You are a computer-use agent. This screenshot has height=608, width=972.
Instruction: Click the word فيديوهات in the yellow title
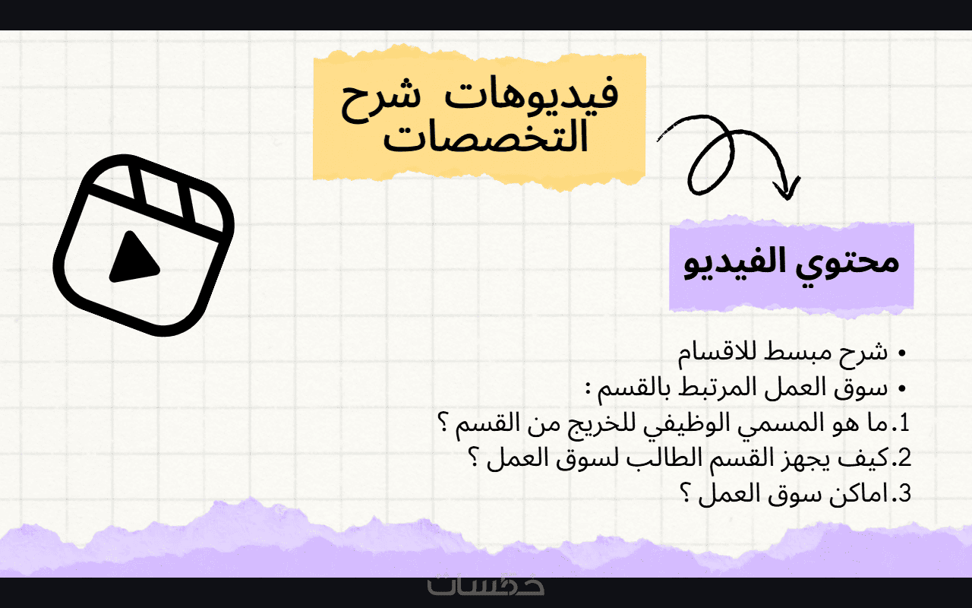point(531,96)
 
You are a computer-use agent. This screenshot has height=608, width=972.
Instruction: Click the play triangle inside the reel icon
point(133,257)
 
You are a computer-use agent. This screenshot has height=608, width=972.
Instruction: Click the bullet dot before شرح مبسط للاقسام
point(902,353)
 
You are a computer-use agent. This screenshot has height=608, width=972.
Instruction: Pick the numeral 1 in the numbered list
point(904,423)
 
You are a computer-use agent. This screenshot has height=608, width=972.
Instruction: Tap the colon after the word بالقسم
point(589,388)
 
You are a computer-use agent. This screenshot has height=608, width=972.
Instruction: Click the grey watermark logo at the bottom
point(485,585)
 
